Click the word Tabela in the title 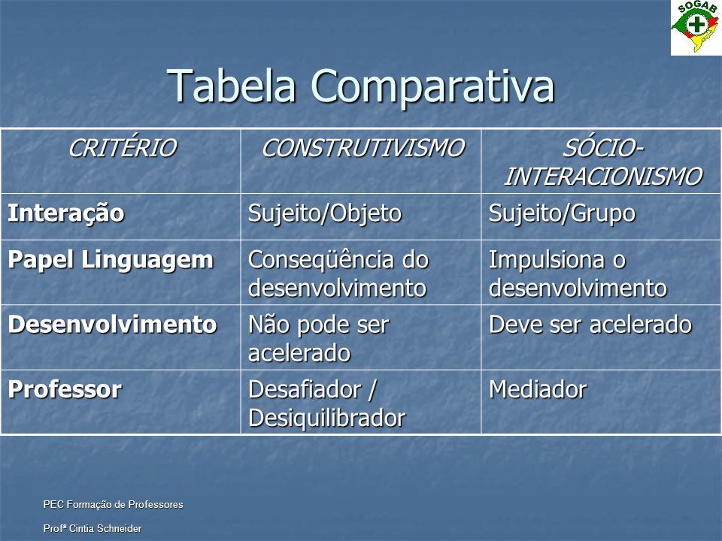click(x=231, y=86)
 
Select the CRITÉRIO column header click(x=123, y=148)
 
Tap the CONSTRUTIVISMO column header click(x=363, y=148)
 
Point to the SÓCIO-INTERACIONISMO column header click(x=603, y=162)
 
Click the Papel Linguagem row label click(x=111, y=261)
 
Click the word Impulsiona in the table click(x=547, y=261)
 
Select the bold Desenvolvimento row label click(x=112, y=325)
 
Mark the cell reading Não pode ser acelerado click(x=319, y=339)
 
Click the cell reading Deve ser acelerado click(x=590, y=325)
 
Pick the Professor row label click(x=65, y=390)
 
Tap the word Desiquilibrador click(x=327, y=419)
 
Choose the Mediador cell click(x=538, y=390)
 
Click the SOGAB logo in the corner click(x=696, y=28)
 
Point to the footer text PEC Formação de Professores click(x=114, y=505)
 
